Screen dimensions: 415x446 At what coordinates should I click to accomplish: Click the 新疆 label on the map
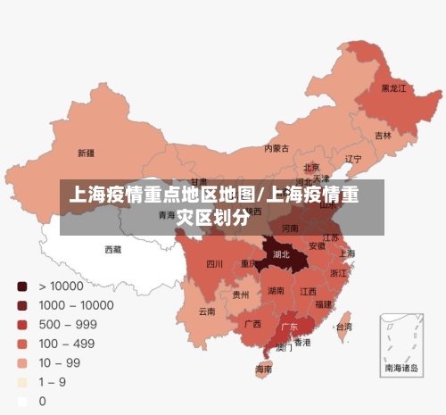(86, 153)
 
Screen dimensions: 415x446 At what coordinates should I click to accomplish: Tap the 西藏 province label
(113, 250)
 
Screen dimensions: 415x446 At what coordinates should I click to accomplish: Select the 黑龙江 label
(393, 88)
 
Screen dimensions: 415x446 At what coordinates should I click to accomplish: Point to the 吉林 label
(383, 136)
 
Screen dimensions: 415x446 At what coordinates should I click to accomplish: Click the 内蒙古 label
(277, 148)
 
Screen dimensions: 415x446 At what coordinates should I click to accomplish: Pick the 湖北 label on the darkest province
(282, 254)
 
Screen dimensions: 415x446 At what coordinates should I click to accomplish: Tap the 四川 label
(214, 264)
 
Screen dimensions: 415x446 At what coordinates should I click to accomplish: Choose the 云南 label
(207, 311)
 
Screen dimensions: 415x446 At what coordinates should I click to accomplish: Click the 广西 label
(252, 324)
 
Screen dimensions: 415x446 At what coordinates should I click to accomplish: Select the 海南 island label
(263, 369)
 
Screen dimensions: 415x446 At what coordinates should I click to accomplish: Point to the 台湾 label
(343, 328)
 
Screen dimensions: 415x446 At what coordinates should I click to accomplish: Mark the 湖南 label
(277, 291)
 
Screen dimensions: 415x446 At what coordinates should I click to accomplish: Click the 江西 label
(308, 292)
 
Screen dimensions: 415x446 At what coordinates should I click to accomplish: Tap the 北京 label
(311, 167)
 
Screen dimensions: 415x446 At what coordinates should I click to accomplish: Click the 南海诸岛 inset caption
(400, 367)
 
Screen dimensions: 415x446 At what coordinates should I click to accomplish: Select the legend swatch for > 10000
(21, 286)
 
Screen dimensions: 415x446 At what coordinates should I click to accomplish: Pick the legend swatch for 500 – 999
(21, 325)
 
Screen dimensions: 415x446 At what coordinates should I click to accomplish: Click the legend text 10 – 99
(59, 362)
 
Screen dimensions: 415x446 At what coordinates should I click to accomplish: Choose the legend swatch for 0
(21, 401)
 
